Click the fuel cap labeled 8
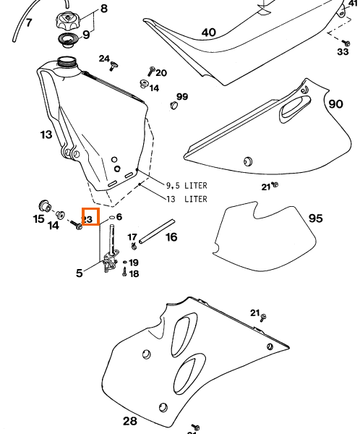[68, 21]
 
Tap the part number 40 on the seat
[209, 33]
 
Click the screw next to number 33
[346, 43]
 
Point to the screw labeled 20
[151, 71]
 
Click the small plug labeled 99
[173, 105]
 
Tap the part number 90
[335, 104]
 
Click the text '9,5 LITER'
[187, 185]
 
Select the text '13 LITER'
[187, 199]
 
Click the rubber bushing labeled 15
[44, 205]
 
